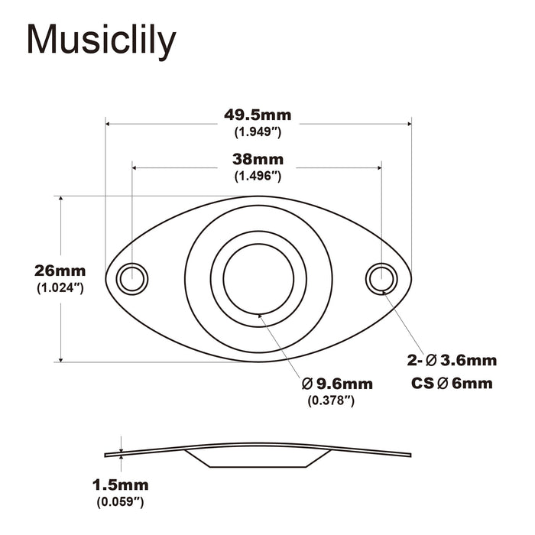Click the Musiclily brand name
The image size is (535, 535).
coord(102,41)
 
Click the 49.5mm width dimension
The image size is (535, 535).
coord(258,115)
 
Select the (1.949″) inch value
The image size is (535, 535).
coord(258,132)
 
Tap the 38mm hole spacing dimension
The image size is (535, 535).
coord(258,160)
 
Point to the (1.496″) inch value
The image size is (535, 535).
coord(258,176)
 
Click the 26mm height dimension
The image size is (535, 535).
coord(60,271)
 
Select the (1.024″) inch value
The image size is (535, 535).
coord(60,287)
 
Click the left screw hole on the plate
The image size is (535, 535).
coord(132,278)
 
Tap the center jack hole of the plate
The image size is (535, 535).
coord(258,278)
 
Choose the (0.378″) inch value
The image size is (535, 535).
coord(330,400)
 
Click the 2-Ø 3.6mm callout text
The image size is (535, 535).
coord(451,360)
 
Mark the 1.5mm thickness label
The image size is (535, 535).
coord(120,485)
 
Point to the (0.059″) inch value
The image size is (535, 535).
coord(120,501)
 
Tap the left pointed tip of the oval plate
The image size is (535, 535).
coord(108,278)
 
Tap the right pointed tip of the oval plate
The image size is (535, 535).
coord(410,278)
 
